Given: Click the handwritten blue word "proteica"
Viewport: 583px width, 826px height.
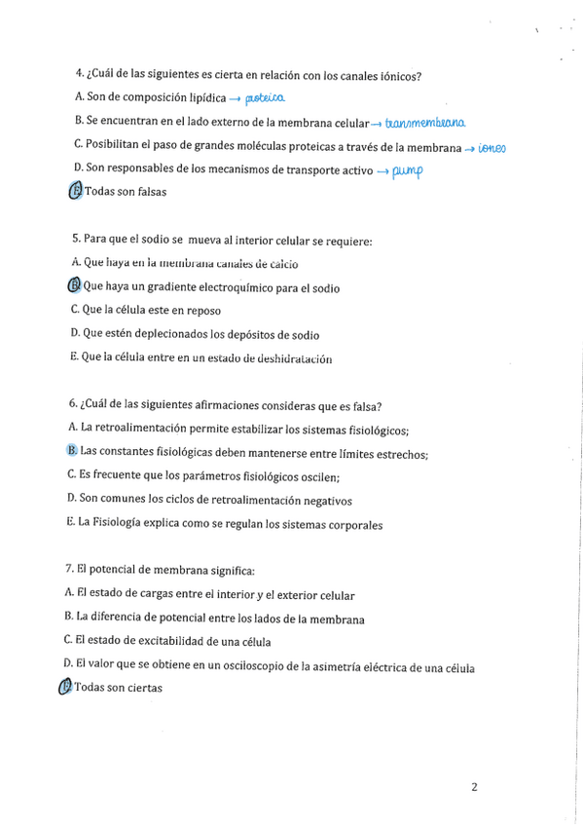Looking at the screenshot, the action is click(265, 97).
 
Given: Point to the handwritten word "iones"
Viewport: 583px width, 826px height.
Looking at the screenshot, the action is click(492, 147).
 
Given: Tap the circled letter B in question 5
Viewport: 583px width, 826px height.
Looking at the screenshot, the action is click(75, 286).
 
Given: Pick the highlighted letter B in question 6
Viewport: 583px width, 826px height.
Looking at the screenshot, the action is click(72, 450).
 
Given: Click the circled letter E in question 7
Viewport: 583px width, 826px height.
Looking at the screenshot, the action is click(65, 688).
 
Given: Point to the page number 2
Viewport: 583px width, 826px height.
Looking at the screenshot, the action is click(474, 788).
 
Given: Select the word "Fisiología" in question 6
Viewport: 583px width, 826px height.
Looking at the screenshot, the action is click(119, 524).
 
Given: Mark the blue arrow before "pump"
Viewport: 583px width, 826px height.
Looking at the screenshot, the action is click(383, 171).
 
